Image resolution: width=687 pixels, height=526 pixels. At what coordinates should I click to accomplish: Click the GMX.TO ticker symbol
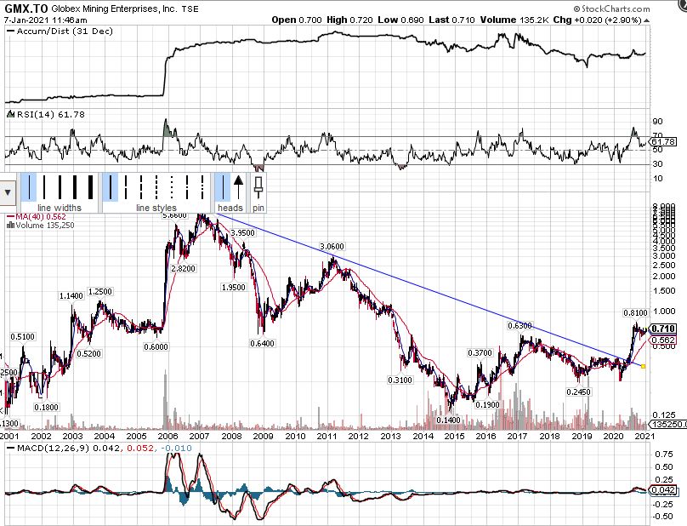coord(23,8)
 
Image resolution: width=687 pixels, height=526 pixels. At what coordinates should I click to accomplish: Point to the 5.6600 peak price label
coord(174,216)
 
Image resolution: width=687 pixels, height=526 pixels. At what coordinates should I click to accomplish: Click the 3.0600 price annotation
coord(332,246)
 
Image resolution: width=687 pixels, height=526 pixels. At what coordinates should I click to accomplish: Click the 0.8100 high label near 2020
coord(636,313)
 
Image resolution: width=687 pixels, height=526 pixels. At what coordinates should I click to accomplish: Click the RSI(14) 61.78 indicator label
coord(38,114)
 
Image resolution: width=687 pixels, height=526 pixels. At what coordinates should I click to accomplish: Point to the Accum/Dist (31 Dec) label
coord(48,31)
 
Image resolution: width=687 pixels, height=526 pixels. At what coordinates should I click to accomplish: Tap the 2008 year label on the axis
coord(231,436)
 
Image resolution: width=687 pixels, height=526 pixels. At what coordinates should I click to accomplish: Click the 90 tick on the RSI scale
coord(656,122)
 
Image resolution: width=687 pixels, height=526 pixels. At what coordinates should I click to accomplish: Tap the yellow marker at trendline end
coord(644,367)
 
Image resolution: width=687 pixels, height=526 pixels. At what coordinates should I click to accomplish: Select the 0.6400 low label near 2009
coord(263,344)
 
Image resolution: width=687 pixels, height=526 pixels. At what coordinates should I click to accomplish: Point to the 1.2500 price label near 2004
coord(100,292)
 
